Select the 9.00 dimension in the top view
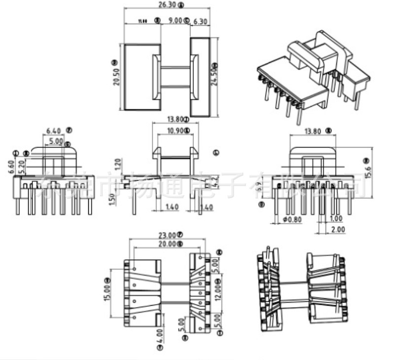coord(175,21)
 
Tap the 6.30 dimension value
coord(201,21)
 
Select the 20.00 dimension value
coord(164,243)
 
